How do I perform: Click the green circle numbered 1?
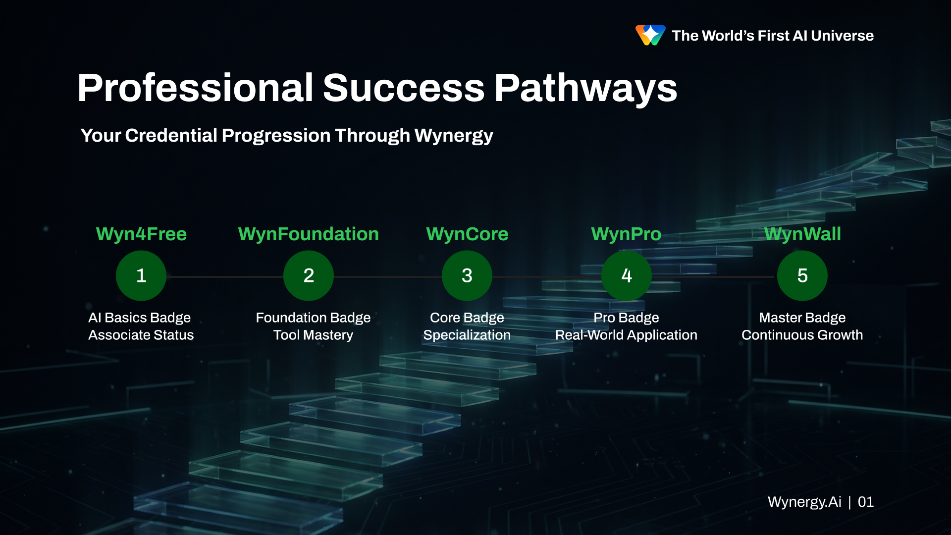[x=141, y=275]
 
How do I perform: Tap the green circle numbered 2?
[x=309, y=275]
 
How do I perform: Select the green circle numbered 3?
[x=467, y=275]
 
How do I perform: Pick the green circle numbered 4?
[x=627, y=275]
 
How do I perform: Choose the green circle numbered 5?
[x=802, y=275]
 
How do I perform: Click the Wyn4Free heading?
[x=141, y=234]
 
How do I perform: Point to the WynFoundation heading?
[x=309, y=234]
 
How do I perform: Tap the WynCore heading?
[x=467, y=234]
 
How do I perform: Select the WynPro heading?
[x=627, y=234]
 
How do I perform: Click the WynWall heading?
[x=802, y=234]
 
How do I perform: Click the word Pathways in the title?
[x=585, y=88]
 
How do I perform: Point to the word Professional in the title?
[x=196, y=88]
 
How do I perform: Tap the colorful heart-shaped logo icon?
[x=650, y=35]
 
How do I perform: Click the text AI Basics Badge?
[x=140, y=318]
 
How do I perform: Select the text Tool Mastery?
[x=313, y=335]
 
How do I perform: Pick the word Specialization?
[x=467, y=335]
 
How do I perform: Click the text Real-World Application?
[x=626, y=335]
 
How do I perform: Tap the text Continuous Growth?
[x=802, y=335]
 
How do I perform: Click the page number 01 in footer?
[x=865, y=502]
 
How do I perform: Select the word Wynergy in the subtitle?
[x=454, y=136]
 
